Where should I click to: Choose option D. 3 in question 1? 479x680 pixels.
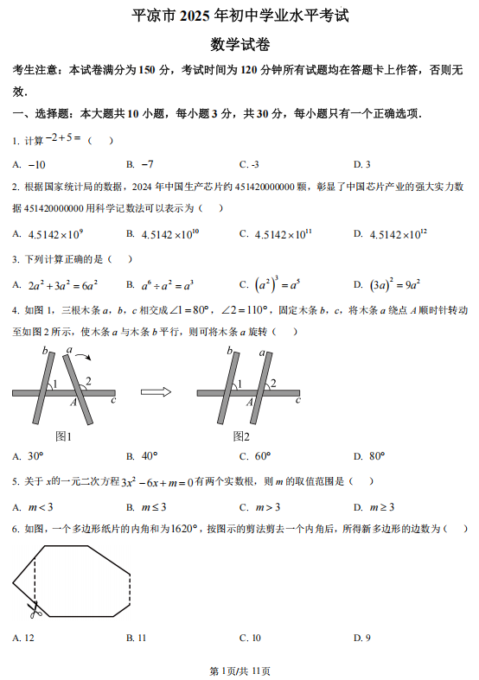coord(362,164)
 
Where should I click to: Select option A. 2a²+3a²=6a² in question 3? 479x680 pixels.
coord(55,284)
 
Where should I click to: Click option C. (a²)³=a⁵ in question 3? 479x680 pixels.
coord(269,284)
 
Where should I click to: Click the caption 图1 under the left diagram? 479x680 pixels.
coord(63,436)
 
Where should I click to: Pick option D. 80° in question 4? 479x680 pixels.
coord(369,456)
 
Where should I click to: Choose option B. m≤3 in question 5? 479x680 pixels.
coord(146,506)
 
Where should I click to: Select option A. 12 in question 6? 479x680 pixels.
coord(23,638)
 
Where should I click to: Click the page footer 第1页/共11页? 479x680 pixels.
coord(239,670)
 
